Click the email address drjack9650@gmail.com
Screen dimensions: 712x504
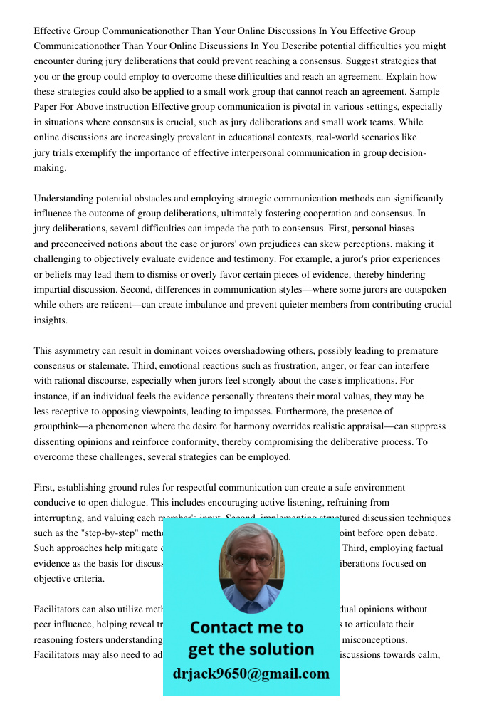251,674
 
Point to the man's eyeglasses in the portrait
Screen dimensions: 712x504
251,560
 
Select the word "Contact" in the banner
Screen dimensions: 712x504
221,627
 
